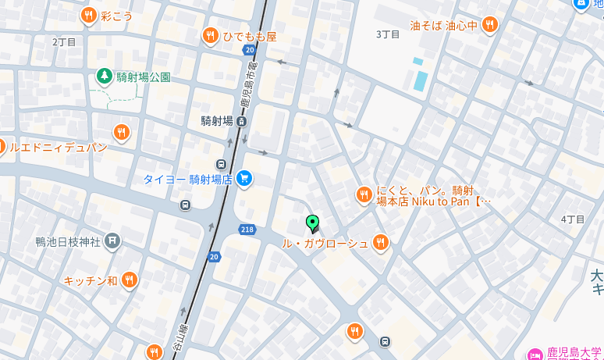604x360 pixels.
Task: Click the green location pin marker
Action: (313, 223)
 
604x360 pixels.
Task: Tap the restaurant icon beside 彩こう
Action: (89, 15)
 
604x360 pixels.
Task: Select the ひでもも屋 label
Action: (250, 36)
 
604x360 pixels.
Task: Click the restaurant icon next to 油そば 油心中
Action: (490, 25)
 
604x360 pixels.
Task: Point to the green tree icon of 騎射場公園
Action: (103, 77)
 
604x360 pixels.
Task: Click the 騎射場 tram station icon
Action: (242, 121)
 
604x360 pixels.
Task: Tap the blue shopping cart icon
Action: (244, 179)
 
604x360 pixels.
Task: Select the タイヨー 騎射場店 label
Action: (187, 180)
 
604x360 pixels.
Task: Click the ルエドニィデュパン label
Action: (58, 147)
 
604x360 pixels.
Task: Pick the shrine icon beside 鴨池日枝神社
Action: (113, 241)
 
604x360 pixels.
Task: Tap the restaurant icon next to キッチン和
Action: (130, 280)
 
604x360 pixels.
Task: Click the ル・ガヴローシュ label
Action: (325, 244)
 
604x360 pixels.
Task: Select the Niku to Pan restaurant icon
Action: (364, 195)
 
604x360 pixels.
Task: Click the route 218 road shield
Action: (248, 229)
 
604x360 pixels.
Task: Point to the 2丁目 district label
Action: (65, 41)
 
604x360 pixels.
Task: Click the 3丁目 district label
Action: (388, 34)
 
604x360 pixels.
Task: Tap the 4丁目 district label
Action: (573, 219)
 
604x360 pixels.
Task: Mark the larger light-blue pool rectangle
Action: (421, 80)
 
